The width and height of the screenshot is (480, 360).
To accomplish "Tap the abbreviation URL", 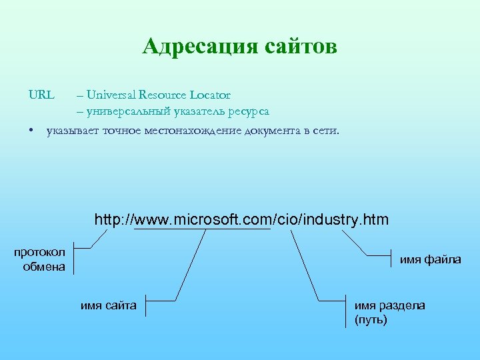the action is click(41, 95).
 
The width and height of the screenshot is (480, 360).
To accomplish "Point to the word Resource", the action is click(161, 95).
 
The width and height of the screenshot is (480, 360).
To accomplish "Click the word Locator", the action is click(210, 95).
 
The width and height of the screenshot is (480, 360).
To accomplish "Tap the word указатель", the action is click(197, 111).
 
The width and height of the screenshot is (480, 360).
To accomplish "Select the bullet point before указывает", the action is click(31, 131).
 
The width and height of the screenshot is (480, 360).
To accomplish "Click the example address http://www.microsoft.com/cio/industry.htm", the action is click(241, 219).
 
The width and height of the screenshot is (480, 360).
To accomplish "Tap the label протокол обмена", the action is click(40, 259).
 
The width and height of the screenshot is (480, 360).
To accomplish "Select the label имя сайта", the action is click(109, 306).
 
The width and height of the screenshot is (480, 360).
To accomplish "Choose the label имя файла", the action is click(430, 259).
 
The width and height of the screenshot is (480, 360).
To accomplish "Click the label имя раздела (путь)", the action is click(389, 313).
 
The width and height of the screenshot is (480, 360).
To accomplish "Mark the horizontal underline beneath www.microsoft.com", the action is click(202, 229).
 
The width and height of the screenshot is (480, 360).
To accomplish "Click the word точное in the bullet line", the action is click(121, 131).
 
